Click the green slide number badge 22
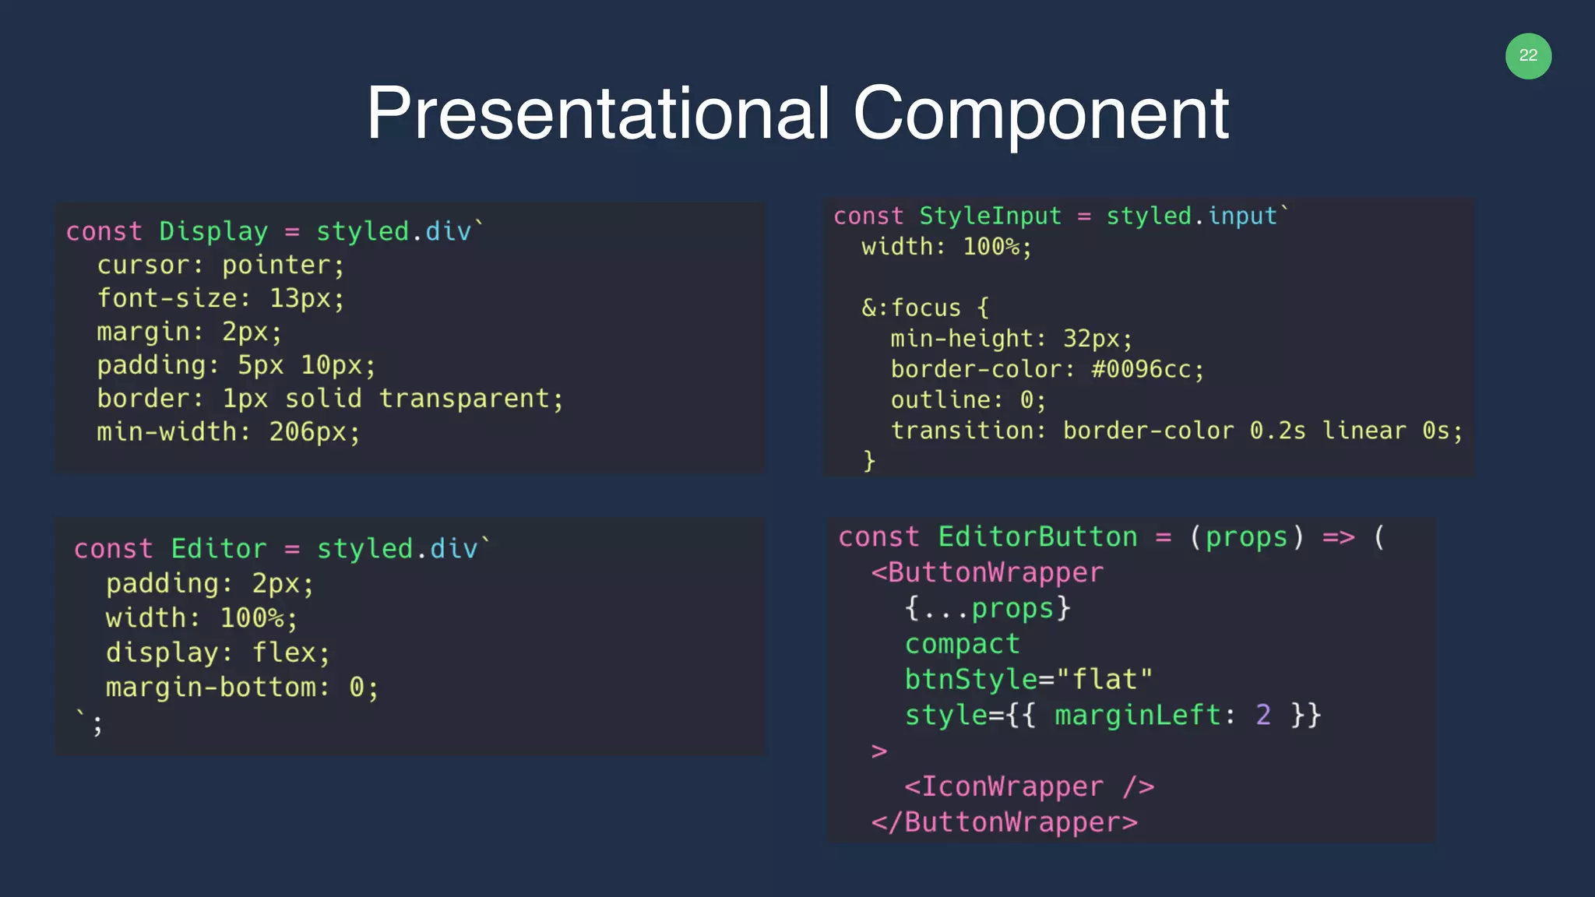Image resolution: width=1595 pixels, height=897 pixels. click(1528, 56)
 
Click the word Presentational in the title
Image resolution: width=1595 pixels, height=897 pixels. click(598, 114)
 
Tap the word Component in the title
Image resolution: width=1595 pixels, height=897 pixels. click(1040, 114)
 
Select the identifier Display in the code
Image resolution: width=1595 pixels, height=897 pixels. click(213, 231)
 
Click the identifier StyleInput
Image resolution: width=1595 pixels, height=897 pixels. click(990, 216)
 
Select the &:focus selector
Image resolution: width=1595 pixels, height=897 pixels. click(911, 308)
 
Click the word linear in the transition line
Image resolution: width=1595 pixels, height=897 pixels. click(1364, 431)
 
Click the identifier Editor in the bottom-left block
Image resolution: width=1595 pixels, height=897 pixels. click(219, 549)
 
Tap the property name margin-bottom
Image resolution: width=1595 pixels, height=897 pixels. click(212, 688)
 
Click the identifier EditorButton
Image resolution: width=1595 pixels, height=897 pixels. click(1037, 537)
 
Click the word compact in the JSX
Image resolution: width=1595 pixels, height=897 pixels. click(962, 644)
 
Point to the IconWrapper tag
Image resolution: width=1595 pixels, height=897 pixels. click(1012, 786)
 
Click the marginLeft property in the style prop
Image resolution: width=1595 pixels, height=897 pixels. click(1137, 715)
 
